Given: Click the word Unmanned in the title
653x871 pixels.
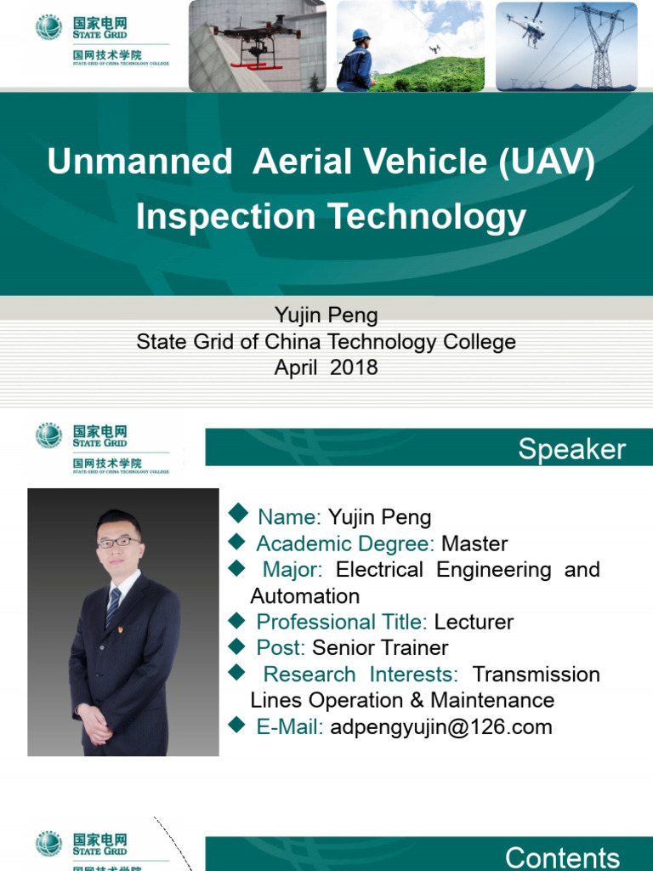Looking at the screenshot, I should point(140,162).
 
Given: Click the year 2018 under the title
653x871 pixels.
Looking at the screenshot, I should point(354,368).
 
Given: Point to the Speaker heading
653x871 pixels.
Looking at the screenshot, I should point(571,449).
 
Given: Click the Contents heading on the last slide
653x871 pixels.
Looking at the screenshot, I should point(562,857).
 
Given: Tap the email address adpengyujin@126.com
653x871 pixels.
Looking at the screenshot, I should point(440,726).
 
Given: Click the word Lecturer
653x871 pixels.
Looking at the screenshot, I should point(474,622).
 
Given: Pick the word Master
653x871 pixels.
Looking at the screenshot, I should point(474,544).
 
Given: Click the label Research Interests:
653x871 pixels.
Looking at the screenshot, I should point(361,674).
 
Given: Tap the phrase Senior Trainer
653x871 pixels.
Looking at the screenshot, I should point(380,647).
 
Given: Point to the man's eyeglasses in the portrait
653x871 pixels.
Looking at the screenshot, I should point(119,541).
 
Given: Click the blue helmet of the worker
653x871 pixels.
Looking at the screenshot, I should point(361,35).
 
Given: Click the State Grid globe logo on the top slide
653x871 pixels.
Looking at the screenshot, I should point(49,27).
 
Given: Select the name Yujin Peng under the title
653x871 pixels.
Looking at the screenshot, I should point(326,316).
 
